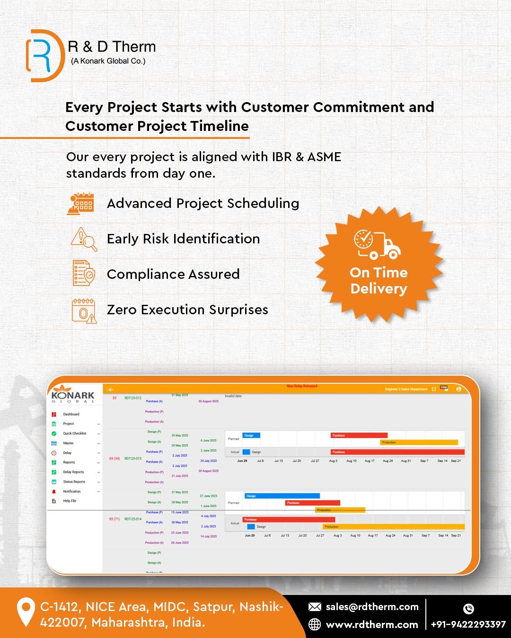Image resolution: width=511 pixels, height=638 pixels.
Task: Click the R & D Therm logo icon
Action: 44,56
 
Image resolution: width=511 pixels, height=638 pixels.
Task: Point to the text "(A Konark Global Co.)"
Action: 108,61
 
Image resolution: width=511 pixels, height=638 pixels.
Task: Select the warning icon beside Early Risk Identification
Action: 84,239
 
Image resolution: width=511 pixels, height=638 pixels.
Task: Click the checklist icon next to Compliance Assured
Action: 84,273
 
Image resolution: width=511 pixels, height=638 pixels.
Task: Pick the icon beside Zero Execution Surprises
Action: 84,310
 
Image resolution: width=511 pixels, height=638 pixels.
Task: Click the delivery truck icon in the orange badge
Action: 377,244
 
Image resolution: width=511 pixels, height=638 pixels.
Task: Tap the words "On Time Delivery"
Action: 379,280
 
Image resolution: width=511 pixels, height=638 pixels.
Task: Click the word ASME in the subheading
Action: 324,157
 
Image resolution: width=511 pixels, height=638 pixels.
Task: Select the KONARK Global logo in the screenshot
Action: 73,397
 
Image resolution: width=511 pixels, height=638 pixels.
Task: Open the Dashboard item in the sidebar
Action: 71,414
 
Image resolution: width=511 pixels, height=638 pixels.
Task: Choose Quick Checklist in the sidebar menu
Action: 75,433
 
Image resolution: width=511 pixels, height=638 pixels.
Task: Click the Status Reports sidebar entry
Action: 74,482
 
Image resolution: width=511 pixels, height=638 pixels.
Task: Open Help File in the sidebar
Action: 70,501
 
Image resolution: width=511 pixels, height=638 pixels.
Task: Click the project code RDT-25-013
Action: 133,458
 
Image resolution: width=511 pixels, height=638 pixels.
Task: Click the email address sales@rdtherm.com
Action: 372,607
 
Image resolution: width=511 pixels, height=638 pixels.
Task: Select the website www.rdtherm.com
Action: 372,625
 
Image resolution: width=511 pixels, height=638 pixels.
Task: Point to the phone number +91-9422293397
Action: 468,625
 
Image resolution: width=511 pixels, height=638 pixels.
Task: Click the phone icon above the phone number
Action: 468,609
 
